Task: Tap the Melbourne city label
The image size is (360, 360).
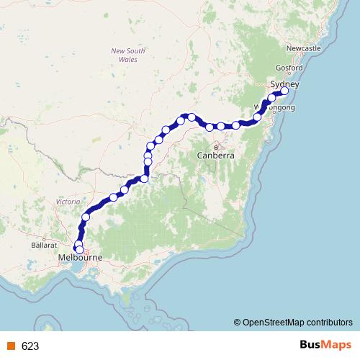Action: pos(81,257)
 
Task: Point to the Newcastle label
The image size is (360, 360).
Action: pos(303,48)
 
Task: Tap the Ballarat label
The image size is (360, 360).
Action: pos(45,246)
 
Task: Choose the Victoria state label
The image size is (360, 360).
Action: pos(68,202)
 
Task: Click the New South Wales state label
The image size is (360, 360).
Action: pos(128,55)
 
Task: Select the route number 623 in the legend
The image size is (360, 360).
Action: pos(30,346)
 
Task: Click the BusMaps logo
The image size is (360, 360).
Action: pos(325,345)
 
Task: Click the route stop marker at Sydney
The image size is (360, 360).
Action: pos(284,91)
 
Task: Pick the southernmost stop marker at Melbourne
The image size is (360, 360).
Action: pos(79,249)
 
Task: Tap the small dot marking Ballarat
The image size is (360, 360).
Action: pos(44,238)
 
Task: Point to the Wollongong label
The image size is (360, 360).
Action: pos(275,108)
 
